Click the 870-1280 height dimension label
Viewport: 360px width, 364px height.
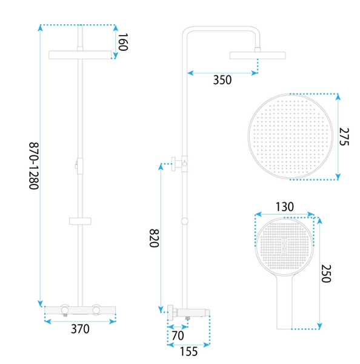click(34, 166)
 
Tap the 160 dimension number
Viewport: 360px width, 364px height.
click(123, 42)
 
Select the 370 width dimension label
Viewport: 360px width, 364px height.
click(80, 329)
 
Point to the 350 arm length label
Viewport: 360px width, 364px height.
click(222, 80)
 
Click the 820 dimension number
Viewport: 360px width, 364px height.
click(154, 238)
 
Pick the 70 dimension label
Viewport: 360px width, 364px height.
click(178, 335)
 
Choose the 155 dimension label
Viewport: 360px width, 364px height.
click(189, 351)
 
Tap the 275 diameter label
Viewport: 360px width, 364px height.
click(344, 136)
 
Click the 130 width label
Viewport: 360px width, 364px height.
click(284, 207)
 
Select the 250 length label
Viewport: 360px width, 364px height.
click(326, 274)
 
